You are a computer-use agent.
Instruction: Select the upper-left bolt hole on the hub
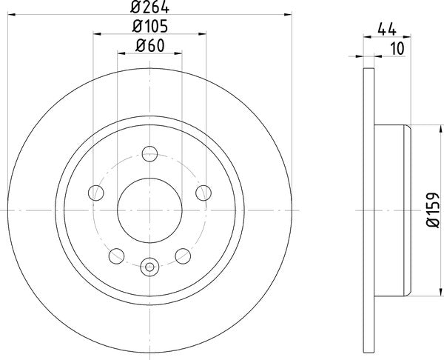(x=95, y=193)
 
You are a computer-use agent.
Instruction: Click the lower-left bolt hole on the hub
(x=115, y=256)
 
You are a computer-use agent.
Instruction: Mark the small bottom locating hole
(x=149, y=266)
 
